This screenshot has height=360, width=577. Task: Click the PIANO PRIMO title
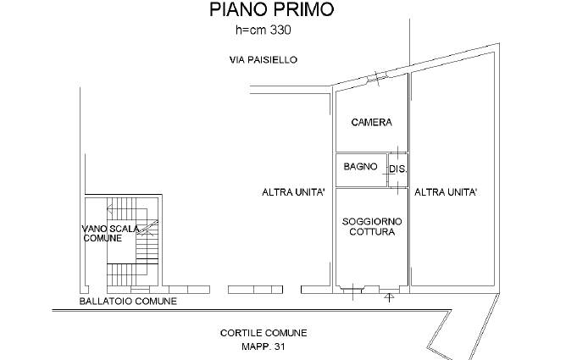click(272, 9)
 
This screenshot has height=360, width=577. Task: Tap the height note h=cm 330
click(264, 30)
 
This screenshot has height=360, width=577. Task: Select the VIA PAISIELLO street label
click(264, 59)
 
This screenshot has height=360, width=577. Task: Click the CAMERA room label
click(371, 122)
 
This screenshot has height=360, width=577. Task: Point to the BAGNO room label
click(360, 167)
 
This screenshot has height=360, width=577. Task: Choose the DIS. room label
click(397, 169)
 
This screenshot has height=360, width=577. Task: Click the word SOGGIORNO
click(372, 222)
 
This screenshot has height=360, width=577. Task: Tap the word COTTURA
click(372, 231)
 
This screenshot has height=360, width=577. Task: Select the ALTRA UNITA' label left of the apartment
click(293, 192)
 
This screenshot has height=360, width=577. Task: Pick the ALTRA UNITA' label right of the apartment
click(446, 192)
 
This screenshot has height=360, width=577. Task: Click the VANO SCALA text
click(110, 229)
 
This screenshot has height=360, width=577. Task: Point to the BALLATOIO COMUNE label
click(128, 302)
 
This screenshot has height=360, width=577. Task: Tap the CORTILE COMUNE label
click(264, 333)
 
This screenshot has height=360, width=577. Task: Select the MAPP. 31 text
click(264, 346)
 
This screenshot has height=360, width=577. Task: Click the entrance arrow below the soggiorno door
click(389, 296)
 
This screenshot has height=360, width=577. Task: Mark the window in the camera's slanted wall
click(377, 77)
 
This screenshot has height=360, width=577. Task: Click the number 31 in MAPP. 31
click(280, 346)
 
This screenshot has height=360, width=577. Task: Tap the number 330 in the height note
click(280, 30)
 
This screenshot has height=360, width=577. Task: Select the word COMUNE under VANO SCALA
click(103, 238)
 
